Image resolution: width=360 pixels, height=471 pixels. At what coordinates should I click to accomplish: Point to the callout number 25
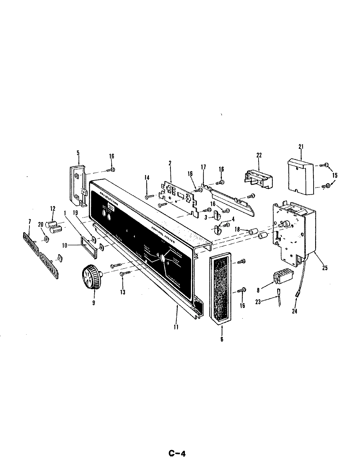(x=325, y=268)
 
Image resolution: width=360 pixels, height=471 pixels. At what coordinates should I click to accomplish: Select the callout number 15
(x=334, y=175)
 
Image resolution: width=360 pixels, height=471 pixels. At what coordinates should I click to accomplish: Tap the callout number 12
(x=52, y=208)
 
